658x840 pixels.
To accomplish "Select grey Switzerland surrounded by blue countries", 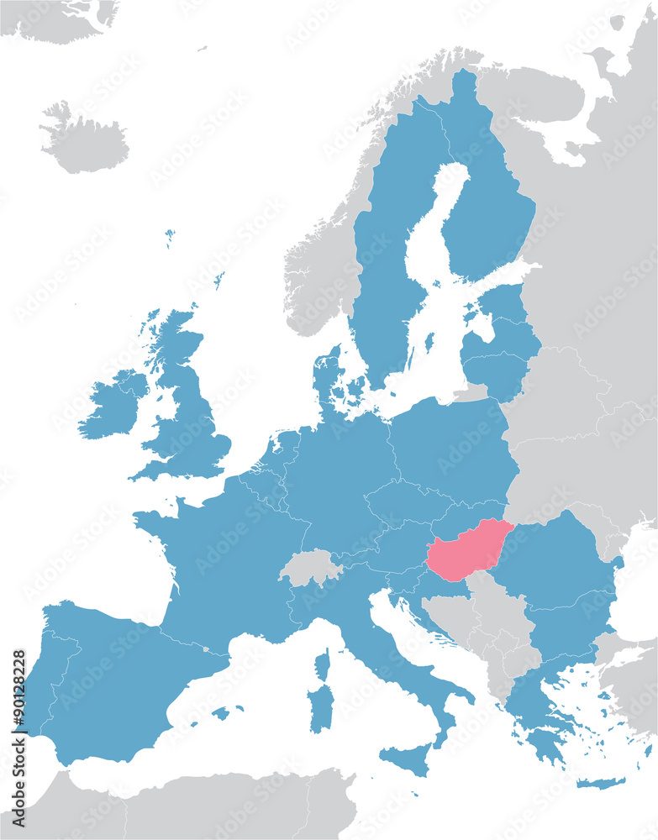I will coord(309,567).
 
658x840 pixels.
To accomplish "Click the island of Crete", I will coord(601,783).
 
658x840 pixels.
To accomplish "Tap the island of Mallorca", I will coord(221,713).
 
